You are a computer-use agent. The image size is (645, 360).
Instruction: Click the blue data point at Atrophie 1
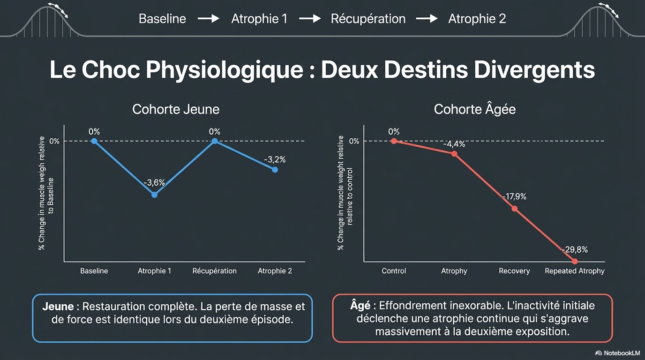[x=154, y=195]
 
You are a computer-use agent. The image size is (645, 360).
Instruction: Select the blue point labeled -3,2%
[x=275, y=170]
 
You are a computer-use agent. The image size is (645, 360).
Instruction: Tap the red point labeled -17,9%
[x=514, y=209]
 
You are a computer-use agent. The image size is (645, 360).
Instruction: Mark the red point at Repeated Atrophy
[x=575, y=261]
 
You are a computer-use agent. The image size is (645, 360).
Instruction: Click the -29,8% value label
[x=575, y=250]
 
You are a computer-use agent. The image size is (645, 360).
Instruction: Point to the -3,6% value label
[x=154, y=183]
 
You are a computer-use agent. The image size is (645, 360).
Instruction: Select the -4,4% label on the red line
[x=454, y=144]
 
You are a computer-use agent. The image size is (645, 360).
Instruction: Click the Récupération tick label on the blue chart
[x=215, y=271]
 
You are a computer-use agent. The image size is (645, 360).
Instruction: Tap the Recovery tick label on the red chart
[x=514, y=271]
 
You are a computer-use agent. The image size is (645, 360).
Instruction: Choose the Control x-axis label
[x=394, y=271]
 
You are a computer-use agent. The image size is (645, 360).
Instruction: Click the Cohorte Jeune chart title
[x=176, y=109]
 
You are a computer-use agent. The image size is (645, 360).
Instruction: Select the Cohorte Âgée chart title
[x=475, y=109]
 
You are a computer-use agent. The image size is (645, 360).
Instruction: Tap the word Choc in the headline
[x=111, y=70]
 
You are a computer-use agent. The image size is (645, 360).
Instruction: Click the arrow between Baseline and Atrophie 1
[x=209, y=19]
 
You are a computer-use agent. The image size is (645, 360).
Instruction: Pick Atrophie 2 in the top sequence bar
[x=477, y=19]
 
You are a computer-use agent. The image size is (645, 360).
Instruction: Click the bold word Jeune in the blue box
[x=58, y=307]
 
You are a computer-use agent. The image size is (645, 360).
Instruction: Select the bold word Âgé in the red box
[x=360, y=306]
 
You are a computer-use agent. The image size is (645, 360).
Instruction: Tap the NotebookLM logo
[x=617, y=353]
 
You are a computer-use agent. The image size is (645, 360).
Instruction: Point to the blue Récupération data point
[x=215, y=141]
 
